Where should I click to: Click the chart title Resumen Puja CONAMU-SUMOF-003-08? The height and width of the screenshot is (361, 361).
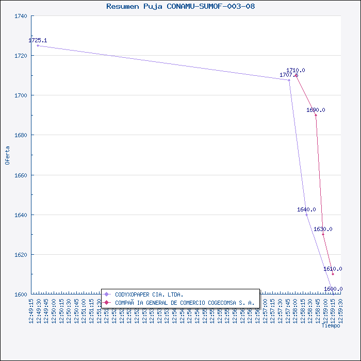180,7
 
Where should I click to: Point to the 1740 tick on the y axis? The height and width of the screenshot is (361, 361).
21,16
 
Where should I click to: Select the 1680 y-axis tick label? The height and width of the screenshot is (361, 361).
21,135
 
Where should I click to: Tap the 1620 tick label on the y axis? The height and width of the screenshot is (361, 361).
21,255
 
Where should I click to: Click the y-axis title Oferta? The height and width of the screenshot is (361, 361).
7,155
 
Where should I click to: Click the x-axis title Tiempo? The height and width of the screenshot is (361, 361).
331,326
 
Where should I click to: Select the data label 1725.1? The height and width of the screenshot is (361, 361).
38,40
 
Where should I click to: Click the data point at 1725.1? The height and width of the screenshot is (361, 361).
38,46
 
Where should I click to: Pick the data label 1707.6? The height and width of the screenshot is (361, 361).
289,75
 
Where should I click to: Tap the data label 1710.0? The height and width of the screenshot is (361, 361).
296,70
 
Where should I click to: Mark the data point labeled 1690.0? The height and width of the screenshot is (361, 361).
316,115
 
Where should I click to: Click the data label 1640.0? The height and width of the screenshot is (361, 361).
306,210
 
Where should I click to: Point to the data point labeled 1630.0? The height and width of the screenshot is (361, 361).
323,235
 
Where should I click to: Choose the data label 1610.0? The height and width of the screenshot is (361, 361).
333,269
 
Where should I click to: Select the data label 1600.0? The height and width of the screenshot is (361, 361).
333,289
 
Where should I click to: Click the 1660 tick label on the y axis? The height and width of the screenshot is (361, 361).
21,175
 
